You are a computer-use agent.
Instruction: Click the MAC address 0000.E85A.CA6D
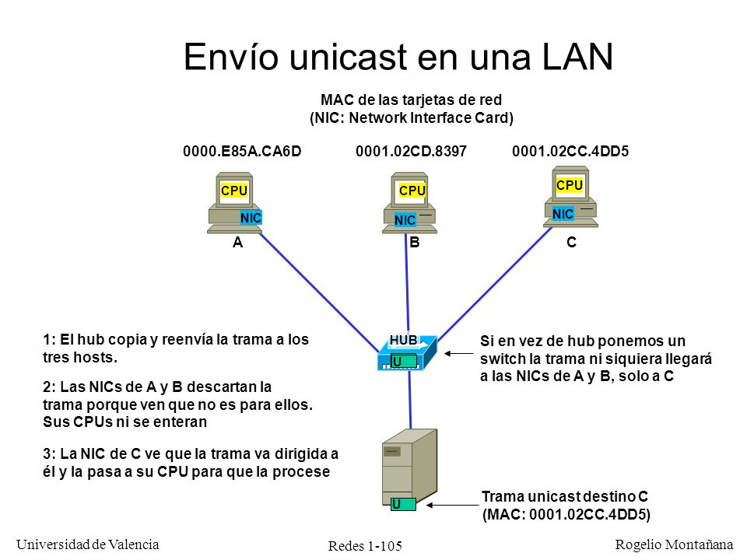point(242,152)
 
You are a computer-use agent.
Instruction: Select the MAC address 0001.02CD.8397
point(411,152)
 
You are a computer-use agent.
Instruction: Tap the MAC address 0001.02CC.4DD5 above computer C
point(570,152)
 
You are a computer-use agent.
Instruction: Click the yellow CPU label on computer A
point(234,191)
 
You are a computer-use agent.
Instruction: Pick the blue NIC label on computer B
point(405,220)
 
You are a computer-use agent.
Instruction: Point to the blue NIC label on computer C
point(563,214)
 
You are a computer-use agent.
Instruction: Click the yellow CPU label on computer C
point(570,185)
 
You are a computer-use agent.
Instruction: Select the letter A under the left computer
point(238,243)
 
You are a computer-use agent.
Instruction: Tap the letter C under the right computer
point(571,243)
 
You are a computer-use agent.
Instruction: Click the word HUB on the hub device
point(404,340)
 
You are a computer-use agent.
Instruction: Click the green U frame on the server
point(403,504)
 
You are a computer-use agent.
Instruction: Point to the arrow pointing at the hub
point(459,353)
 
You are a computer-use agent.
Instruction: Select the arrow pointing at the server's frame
point(452,505)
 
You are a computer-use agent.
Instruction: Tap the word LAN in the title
point(577,57)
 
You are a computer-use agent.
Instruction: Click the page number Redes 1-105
point(365,546)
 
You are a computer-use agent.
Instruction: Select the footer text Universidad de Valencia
point(88,544)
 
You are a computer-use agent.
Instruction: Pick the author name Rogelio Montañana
point(674,544)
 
